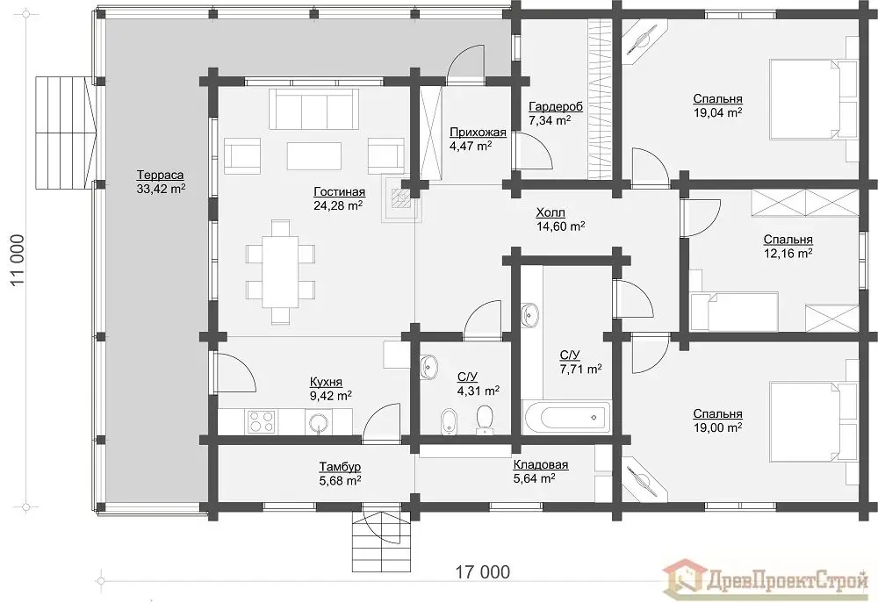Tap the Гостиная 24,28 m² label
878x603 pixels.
pyautogui.click(x=339, y=198)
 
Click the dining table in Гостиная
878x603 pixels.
pyautogui.click(x=281, y=271)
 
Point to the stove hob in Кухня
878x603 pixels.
pyautogui.click(x=262, y=421)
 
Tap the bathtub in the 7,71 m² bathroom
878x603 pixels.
pyautogui.click(x=565, y=417)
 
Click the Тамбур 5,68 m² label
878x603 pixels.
pyautogui.click(x=340, y=473)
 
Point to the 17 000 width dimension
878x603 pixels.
pyautogui.click(x=483, y=572)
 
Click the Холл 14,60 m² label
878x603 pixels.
pyautogui.click(x=560, y=219)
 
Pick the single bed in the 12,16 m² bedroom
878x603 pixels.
pyautogui.click(x=734, y=311)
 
